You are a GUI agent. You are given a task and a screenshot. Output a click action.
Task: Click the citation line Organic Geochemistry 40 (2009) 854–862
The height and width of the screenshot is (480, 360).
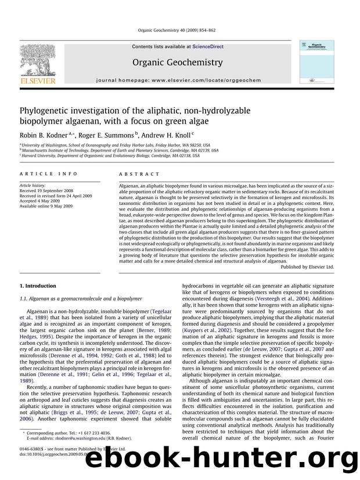point(179,32)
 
